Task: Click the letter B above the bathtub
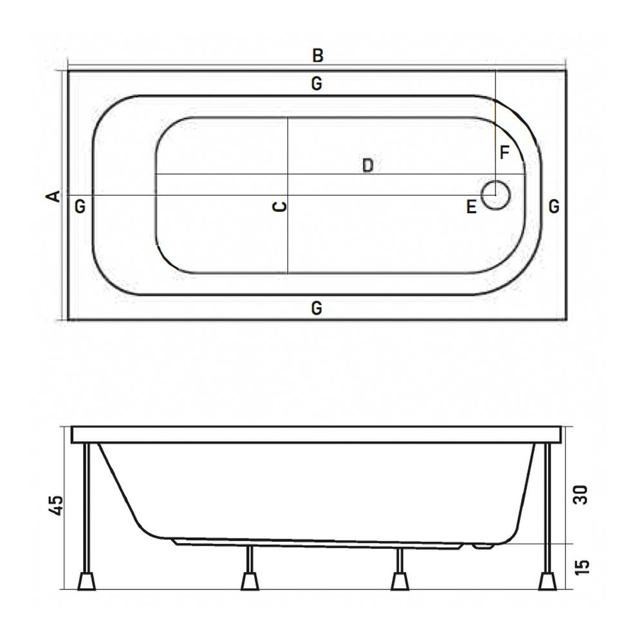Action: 317,55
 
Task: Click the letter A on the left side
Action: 55,196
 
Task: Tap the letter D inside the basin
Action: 367,165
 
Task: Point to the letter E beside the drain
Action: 471,207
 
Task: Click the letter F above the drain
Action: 504,153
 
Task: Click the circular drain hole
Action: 495,194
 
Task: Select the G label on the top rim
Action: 316,84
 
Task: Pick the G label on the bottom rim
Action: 316,308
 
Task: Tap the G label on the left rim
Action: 79,207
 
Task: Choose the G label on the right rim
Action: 554,207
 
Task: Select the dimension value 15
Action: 580,566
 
